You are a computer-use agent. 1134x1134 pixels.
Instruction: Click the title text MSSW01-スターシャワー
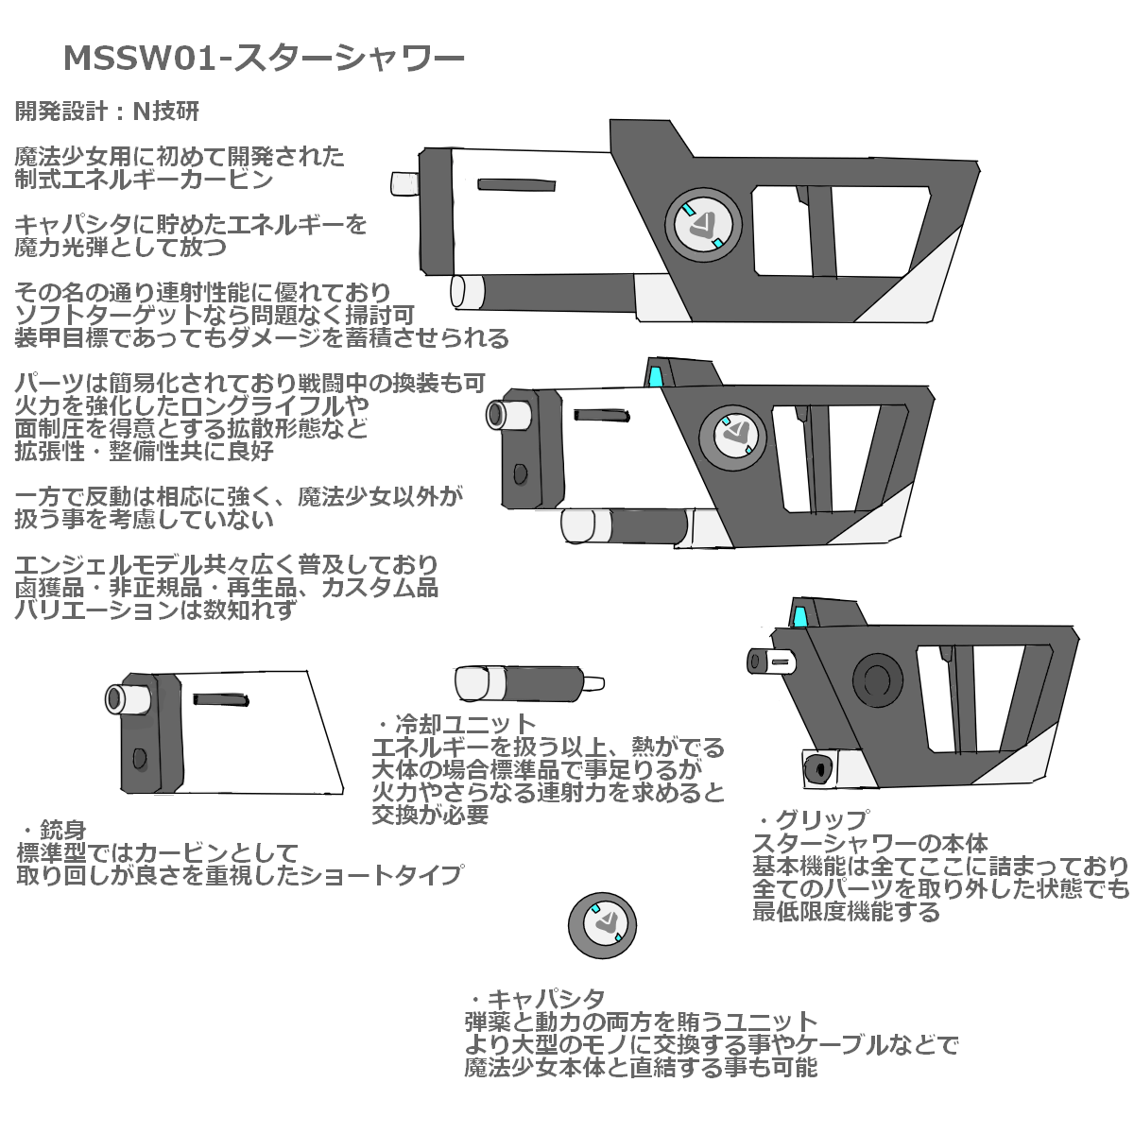(264, 59)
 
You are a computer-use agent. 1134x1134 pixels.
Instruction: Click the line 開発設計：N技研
(107, 111)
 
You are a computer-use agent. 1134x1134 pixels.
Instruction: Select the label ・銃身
(54, 831)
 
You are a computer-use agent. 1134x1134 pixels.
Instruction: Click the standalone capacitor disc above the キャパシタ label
(602, 925)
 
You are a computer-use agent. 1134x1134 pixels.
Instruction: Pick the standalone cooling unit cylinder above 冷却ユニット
(529, 683)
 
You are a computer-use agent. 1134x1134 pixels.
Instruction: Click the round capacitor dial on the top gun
(703, 226)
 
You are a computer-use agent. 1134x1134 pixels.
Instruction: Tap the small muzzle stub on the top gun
(404, 183)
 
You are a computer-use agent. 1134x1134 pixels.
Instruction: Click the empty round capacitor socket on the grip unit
(877, 681)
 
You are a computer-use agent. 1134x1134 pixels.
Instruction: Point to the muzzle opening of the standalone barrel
(113, 699)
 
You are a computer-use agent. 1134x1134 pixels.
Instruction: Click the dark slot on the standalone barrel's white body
(221, 699)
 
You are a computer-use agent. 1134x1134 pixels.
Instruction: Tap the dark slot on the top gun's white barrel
(516, 185)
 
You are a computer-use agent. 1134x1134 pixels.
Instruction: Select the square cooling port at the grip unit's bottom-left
(819, 768)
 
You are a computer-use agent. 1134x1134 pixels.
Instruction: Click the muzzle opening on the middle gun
(495, 415)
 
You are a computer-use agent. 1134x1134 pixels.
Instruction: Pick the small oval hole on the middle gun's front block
(520, 473)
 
